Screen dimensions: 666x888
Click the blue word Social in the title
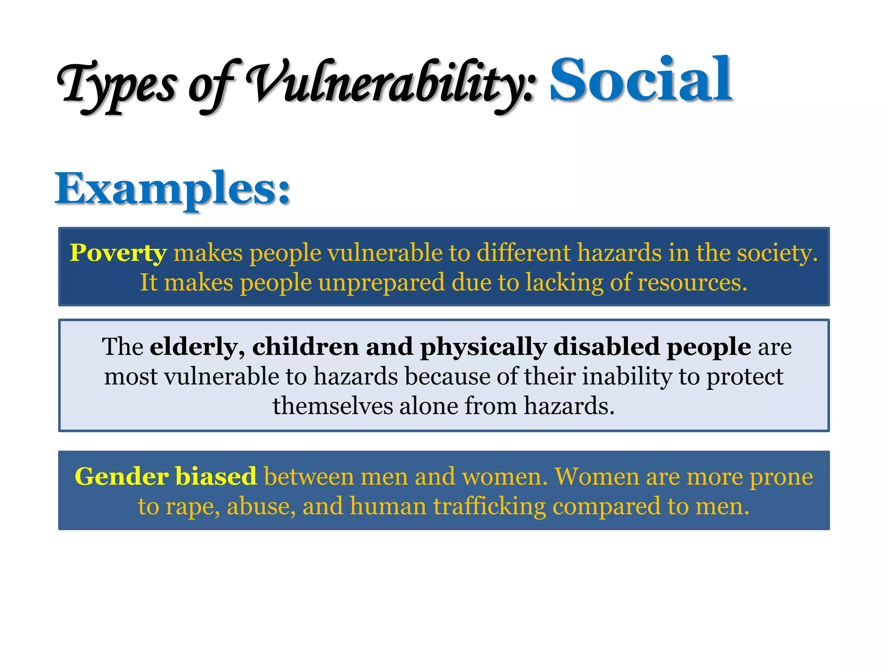tap(641, 80)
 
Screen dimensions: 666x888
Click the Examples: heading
tap(173, 189)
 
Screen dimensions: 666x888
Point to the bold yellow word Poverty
tap(118, 253)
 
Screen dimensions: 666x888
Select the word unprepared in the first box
tap(382, 283)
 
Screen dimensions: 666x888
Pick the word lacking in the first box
tap(565, 283)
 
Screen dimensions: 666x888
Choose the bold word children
tap(306, 347)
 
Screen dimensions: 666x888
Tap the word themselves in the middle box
tap(333, 406)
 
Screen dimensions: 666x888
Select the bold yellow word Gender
tap(121, 477)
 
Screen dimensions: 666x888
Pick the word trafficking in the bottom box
tap(490, 506)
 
